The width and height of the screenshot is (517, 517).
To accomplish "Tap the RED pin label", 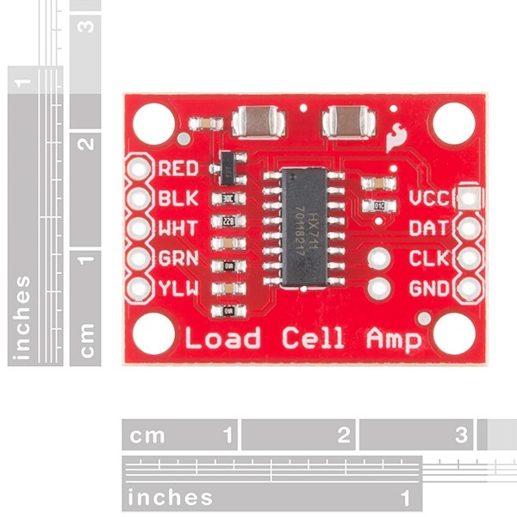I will pos(179,168).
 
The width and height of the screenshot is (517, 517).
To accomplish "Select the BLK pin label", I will pos(179,198).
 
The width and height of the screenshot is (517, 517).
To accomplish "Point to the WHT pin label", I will pos(179,228).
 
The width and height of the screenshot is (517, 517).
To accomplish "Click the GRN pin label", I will pos(179,258).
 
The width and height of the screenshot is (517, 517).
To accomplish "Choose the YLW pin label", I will pos(179,288).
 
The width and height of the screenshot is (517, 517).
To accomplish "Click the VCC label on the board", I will pos(428,198).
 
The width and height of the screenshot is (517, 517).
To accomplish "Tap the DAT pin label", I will pos(428,228).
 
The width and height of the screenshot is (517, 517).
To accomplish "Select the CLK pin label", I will pos(428,258).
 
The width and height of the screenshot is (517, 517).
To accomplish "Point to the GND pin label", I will pos(428,288).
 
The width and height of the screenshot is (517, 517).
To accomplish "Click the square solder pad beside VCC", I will pos(468,198).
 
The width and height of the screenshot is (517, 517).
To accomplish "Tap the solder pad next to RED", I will pos(139,168).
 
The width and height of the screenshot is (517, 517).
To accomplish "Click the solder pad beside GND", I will pos(468,288).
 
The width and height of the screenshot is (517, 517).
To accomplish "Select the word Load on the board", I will pos(221,337).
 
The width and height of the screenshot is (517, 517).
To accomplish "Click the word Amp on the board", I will pos(394,339).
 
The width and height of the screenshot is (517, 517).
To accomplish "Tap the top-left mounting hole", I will pos(152,121).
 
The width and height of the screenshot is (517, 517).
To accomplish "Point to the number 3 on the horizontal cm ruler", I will pos(462,434).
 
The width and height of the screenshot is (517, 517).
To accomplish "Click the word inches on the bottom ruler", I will pos(170,497).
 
